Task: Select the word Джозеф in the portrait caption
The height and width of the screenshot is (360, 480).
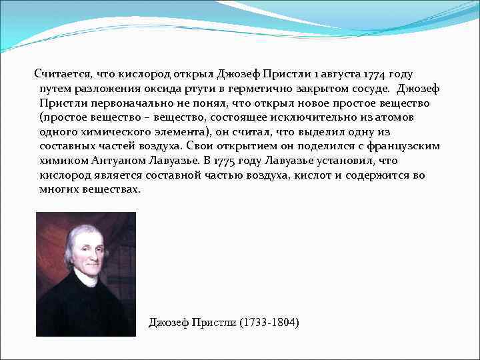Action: (x=168, y=323)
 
